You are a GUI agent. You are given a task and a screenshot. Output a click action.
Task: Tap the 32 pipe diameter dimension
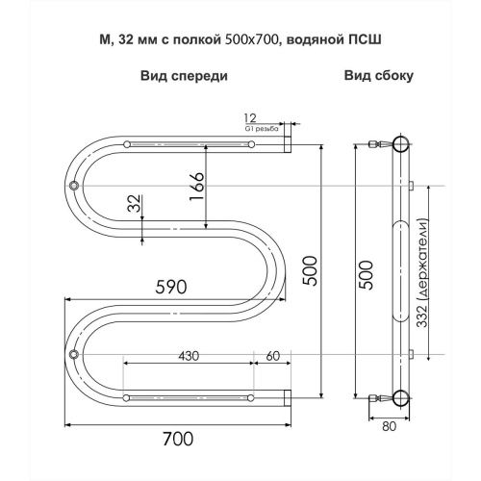[135, 204]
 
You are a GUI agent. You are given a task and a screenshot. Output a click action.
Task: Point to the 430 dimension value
[189, 357]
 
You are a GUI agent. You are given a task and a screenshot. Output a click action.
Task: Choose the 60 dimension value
[272, 357]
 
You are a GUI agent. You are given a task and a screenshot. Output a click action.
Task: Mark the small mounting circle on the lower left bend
[74, 356]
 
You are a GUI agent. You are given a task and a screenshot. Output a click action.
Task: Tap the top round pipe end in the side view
[398, 146]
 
